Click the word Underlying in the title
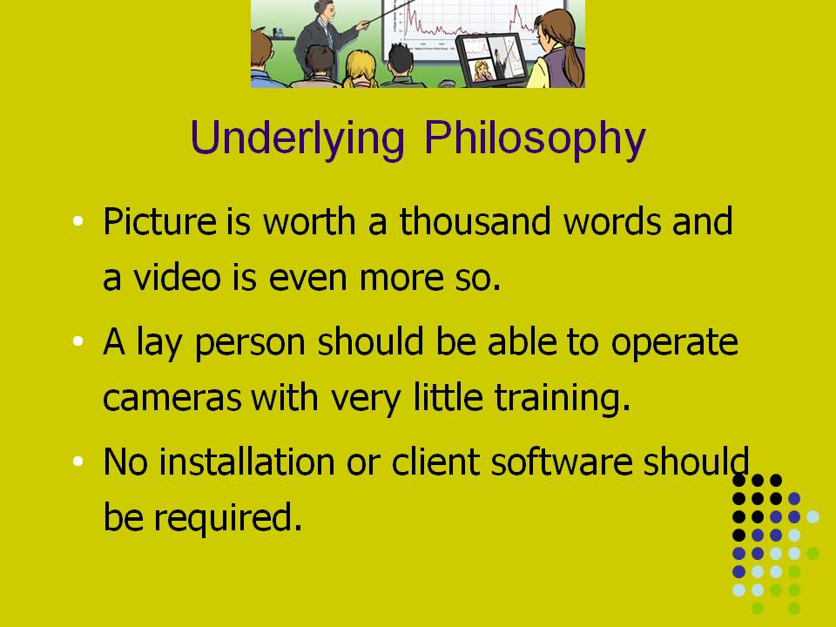[x=298, y=138]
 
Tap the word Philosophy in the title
[x=536, y=138]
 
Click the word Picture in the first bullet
[x=159, y=221]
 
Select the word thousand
[x=475, y=220]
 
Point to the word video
[x=177, y=277]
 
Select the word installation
[x=246, y=462]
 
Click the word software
[x=562, y=462]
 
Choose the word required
[x=227, y=518]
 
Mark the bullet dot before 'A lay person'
[x=78, y=340]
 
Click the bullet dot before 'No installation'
[x=78, y=461]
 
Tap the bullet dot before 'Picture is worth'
[x=78, y=220]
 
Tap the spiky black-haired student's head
[x=399, y=58]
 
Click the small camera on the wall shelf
[x=279, y=32]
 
